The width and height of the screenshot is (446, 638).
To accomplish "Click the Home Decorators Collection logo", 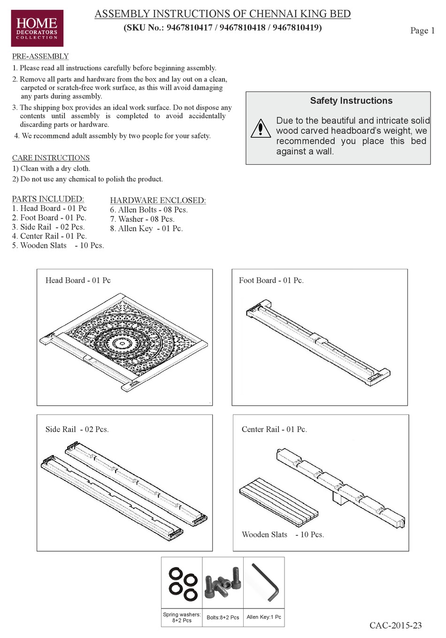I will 37,28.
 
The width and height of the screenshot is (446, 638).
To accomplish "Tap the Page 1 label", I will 422,30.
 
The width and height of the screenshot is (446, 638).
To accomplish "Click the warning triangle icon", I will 261,129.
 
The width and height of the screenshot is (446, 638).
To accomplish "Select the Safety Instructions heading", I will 351,101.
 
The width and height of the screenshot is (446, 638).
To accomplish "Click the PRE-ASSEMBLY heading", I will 40,56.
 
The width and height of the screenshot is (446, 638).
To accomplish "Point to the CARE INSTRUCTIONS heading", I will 51,158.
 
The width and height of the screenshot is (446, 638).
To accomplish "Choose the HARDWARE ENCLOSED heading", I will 158,200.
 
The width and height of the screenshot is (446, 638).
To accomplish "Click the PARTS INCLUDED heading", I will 48,199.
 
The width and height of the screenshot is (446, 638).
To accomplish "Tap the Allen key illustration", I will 265,582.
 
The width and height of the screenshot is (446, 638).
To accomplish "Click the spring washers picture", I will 182,584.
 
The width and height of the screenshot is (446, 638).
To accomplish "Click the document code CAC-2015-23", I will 395,625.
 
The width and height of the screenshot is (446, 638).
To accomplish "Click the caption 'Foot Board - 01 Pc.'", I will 271,281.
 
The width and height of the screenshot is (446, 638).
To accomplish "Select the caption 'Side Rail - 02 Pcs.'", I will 77,429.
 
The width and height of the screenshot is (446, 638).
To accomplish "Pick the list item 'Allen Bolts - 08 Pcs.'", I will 149,210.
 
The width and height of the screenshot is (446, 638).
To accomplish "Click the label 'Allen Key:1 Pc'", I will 264,617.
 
